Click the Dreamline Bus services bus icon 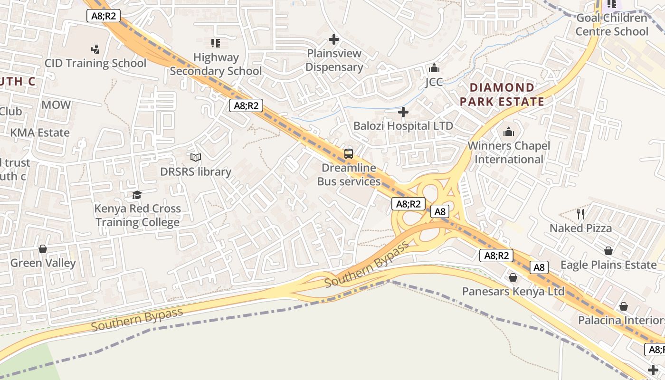(349, 154)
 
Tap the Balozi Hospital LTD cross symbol (403, 112)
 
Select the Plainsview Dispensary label (334, 60)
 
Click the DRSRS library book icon (195, 157)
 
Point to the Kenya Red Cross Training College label (138, 216)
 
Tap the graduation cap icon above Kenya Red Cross (137, 195)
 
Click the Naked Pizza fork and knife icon (580, 214)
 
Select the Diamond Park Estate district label (502, 95)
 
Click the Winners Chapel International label (509, 152)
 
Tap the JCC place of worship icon (434, 68)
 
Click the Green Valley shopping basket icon (43, 249)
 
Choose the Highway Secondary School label (216, 64)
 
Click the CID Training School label (95, 63)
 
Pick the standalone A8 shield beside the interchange (440, 211)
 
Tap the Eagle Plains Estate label (608, 265)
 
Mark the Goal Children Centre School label (612, 25)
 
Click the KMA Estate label (40, 133)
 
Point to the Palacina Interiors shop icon (623, 306)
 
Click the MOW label (56, 105)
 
